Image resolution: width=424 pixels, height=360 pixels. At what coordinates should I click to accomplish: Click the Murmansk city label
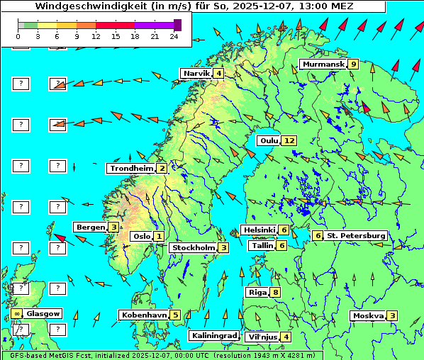click(323, 64)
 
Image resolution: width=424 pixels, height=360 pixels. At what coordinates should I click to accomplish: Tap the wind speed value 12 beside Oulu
click(289, 140)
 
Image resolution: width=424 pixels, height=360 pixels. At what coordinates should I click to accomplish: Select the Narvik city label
click(196, 73)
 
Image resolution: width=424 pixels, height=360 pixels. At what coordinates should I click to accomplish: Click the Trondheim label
click(131, 168)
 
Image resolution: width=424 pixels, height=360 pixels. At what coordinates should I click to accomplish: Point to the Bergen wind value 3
click(113, 227)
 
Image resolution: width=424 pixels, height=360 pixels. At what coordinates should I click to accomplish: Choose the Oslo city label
click(141, 236)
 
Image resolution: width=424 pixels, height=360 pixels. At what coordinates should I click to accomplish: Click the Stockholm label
click(193, 247)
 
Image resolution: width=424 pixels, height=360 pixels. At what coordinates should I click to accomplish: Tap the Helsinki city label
click(259, 230)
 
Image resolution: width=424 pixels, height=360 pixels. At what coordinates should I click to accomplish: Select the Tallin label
click(262, 245)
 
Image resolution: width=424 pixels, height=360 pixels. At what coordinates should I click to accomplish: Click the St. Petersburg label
click(355, 235)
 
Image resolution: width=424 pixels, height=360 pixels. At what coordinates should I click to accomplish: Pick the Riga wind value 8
click(275, 292)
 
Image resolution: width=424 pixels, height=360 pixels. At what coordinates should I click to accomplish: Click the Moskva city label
click(368, 315)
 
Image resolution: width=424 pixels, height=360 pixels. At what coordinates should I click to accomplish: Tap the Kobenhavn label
click(144, 315)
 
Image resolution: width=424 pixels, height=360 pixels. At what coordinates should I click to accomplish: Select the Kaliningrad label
click(213, 335)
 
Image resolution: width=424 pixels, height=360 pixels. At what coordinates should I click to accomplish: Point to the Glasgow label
click(43, 313)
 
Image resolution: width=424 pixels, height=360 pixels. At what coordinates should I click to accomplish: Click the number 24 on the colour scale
click(173, 35)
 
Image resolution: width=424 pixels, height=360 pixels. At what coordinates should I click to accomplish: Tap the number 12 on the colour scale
click(96, 35)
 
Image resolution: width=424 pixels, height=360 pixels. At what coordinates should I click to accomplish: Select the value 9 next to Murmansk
click(353, 64)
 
